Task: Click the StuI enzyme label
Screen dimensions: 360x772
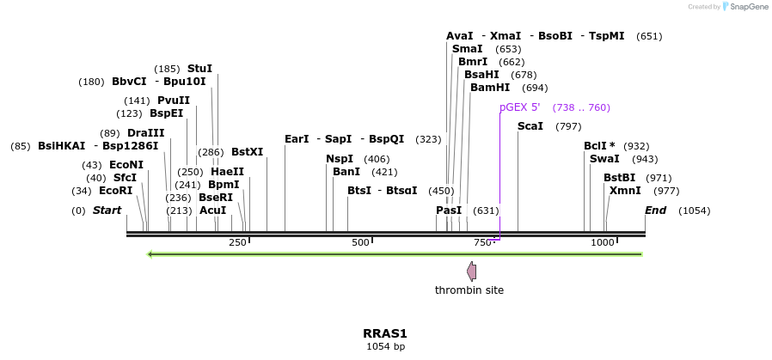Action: point(199,69)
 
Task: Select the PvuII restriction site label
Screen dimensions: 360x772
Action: point(174,101)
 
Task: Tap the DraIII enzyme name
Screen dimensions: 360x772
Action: point(145,133)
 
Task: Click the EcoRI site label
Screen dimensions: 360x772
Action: point(115,191)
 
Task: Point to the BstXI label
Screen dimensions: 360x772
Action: point(247,152)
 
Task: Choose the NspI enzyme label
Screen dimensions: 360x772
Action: point(340,159)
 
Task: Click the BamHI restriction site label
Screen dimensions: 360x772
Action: point(490,88)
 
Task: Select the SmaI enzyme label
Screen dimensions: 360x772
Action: point(467,49)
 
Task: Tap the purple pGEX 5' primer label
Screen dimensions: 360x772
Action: point(520,107)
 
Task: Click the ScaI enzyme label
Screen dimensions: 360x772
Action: point(530,126)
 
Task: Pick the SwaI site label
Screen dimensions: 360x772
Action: point(604,159)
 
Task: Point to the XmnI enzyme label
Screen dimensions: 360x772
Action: point(625,191)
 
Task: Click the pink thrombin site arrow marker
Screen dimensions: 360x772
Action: point(471,272)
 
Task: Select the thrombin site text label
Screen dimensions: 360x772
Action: point(469,290)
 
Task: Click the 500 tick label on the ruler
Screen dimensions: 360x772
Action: point(359,243)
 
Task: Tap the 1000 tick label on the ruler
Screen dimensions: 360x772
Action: point(603,243)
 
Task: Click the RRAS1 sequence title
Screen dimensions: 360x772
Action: point(385,333)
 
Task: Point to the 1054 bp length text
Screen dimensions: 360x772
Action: point(385,347)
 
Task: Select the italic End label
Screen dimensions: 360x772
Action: point(655,211)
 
